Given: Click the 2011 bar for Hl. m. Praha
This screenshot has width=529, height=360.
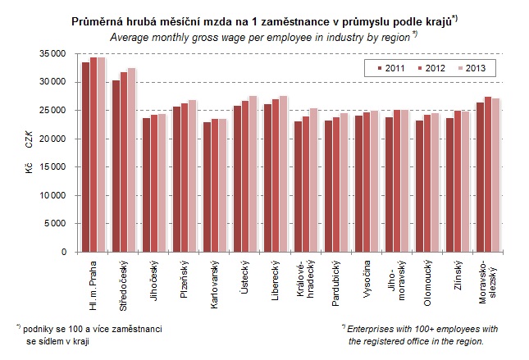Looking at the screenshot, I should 86,157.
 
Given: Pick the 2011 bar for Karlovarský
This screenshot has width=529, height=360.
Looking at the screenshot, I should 207,187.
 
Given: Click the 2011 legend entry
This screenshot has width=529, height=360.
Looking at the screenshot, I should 390,68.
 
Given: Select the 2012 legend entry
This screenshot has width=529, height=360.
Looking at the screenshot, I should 428,68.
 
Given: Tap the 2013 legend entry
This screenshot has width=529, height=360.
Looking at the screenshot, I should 467,68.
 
